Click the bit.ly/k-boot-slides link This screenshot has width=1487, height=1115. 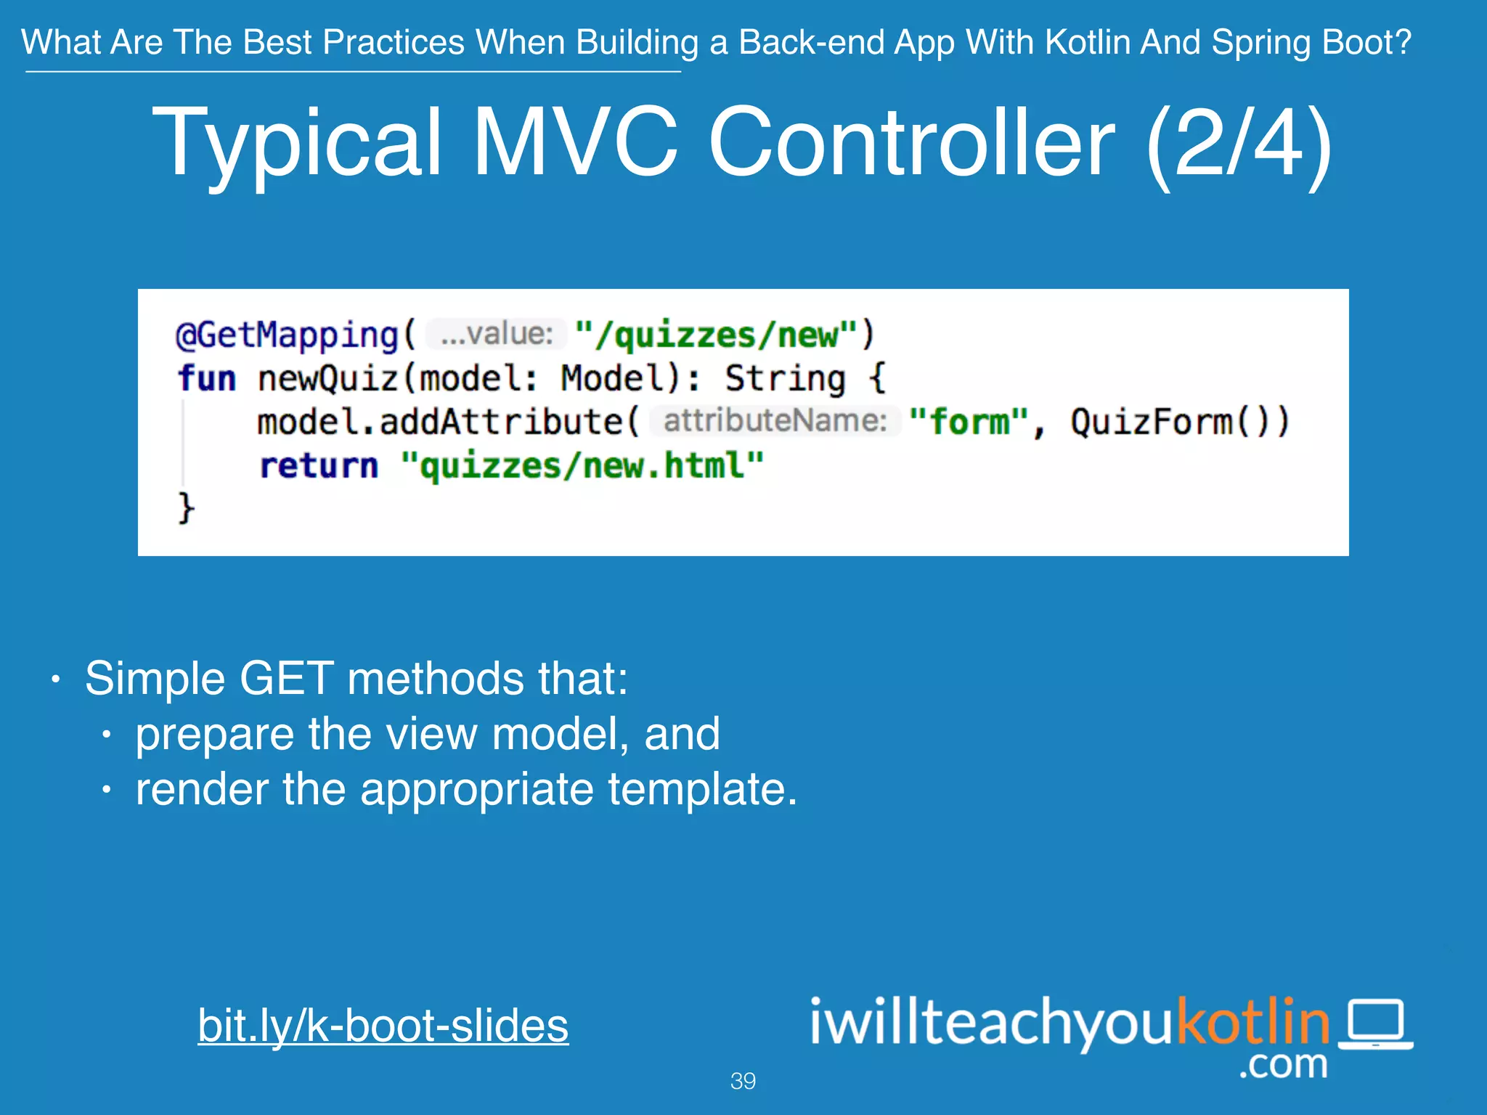click(x=383, y=1025)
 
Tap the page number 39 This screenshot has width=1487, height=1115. click(x=743, y=1081)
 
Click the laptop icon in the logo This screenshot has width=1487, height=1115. click(x=1375, y=1023)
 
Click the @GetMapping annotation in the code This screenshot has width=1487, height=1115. click(x=287, y=335)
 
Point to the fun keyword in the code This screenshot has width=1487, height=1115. click(x=207, y=378)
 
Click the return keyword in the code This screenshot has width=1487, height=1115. click(x=319, y=465)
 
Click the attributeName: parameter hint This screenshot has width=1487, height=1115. click(x=775, y=421)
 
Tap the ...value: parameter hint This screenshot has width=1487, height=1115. click(x=497, y=334)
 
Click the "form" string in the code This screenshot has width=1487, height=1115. click(x=969, y=422)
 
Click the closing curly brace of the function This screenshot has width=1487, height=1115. click(x=186, y=507)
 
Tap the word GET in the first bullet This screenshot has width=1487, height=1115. click(x=286, y=679)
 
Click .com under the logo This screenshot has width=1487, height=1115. click(x=1283, y=1065)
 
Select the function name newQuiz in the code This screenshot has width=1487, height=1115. click(x=327, y=378)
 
